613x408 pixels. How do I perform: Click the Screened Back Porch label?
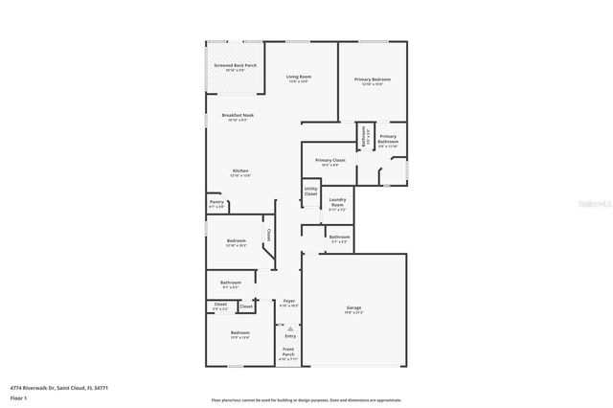click(235, 66)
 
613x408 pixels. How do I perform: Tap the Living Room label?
click(299, 77)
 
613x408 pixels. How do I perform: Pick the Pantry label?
click(216, 202)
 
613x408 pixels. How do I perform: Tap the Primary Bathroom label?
click(387, 141)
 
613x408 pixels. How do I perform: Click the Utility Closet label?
click(310, 192)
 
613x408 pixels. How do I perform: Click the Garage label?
click(353, 307)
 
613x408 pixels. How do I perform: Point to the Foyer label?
click(288, 302)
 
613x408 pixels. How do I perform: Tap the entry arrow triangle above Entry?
click(289, 328)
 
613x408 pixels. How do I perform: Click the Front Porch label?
click(288, 351)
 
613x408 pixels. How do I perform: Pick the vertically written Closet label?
click(269, 235)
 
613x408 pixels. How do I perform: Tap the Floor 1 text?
click(18, 397)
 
